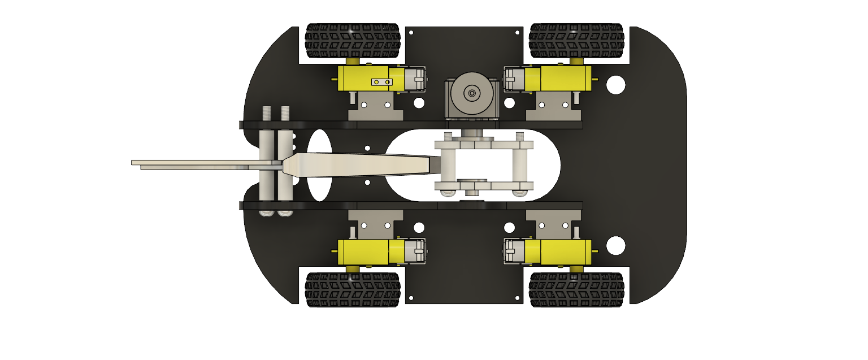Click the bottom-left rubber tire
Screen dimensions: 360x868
[353, 289]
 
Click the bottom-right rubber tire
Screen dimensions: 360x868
[576, 289]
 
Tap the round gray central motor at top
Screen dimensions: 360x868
[472, 93]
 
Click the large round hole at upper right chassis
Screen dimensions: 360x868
[615, 85]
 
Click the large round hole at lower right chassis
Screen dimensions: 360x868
[615, 245]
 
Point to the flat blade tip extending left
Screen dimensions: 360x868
[170, 163]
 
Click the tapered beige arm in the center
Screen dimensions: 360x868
[362, 164]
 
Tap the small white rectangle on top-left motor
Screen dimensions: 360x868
[381, 82]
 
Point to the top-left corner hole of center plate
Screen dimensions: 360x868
[411, 32]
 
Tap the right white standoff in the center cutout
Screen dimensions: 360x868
[520, 164]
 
